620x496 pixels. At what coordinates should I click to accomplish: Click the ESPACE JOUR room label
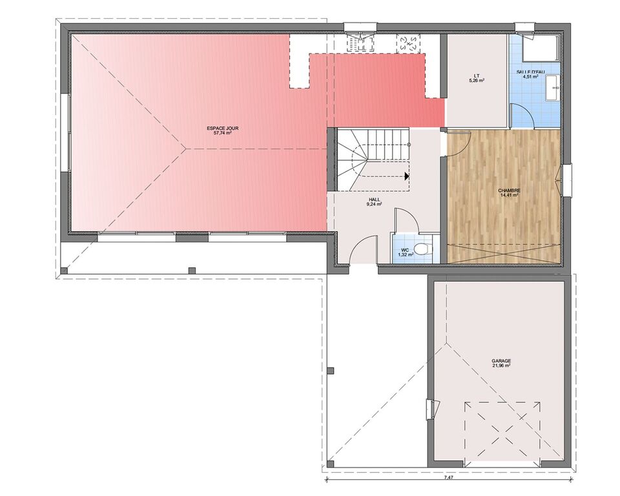click(223, 128)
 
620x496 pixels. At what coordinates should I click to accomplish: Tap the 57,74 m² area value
click(223, 133)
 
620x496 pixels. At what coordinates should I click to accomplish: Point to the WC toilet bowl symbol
click(422, 249)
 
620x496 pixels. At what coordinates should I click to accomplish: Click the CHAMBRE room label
click(510, 191)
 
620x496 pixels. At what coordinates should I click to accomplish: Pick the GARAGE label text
click(501, 361)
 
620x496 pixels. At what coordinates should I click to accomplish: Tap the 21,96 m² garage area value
click(501, 366)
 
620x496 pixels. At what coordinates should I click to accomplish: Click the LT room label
click(476, 75)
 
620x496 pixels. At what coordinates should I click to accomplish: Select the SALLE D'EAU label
click(531, 72)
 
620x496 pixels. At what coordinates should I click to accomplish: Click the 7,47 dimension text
click(448, 477)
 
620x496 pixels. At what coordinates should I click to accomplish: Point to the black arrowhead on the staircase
click(406, 176)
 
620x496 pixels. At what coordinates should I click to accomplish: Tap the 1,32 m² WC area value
click(406, 255)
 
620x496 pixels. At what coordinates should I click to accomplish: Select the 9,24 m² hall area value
click(374, 205)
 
